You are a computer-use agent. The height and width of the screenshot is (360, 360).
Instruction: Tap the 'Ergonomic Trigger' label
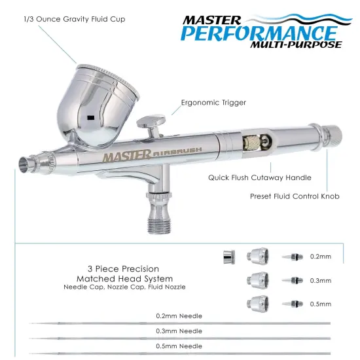pos(210,102)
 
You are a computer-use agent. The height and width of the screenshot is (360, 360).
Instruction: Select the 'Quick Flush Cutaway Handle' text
pos(259,177)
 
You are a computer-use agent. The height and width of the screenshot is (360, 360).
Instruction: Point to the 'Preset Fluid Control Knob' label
pos(294,196)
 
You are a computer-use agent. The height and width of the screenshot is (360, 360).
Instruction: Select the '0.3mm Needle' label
pos(179,331)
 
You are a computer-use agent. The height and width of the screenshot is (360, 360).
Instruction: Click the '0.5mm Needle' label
pos(179,346)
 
